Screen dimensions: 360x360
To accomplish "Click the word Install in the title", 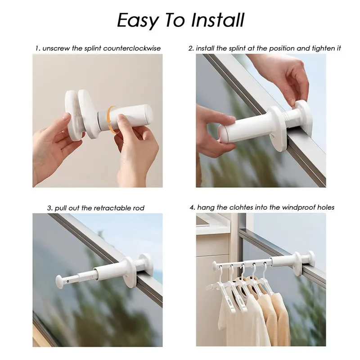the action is [x=218, y=20].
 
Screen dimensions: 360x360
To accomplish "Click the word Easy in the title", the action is [x=137, y=21].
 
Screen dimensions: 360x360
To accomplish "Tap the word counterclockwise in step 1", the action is [x=132, y=49].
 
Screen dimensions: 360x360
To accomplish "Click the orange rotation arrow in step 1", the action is [x=112, y=119].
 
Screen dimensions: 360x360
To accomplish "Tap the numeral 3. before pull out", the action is [x=50, y=208].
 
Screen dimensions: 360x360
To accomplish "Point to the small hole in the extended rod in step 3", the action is [x=68, y=280].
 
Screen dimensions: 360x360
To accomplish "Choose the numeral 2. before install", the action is [x=191, y=49].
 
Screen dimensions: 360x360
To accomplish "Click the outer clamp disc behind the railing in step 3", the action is [x=145, y=262].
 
